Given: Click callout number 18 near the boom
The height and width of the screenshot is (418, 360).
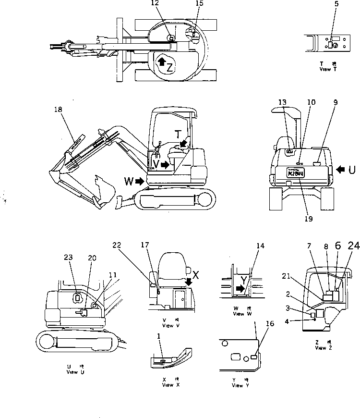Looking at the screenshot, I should pos(59,110).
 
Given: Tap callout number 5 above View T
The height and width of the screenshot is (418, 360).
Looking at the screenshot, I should pos(336,3).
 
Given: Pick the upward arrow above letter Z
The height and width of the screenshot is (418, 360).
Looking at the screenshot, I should pos(162,61).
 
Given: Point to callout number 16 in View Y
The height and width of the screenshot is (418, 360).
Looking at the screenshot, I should pos(270,324).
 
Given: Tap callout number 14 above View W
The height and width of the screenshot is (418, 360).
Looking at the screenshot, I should pos(261,246).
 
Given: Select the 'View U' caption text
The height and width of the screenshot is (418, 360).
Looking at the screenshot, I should pos(73,372).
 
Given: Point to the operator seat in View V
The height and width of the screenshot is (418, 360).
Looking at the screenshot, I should pos(170,265).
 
